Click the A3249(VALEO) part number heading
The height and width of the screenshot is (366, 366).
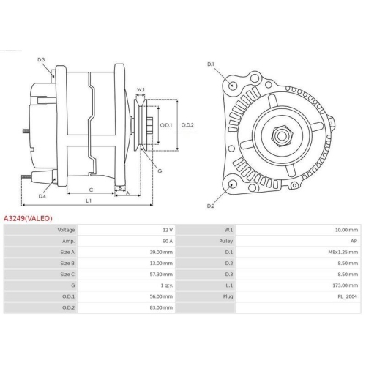[29, 217]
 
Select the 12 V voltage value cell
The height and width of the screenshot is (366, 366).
[168, 230]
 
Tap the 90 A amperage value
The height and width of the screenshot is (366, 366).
[168, 241]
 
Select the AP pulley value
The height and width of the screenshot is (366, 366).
[355, 241]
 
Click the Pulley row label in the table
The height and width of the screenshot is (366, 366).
[226, 241]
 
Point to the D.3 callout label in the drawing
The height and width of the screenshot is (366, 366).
[42, 59]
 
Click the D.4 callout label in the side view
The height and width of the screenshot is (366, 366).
[42, 196]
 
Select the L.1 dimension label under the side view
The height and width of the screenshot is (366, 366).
[89, 200]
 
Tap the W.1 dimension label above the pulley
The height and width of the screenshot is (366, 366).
[141, 90]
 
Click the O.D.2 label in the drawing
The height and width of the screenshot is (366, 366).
[188, 125]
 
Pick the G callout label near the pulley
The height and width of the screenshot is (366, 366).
[159, 171]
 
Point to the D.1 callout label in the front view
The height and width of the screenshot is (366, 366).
[211, 64]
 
